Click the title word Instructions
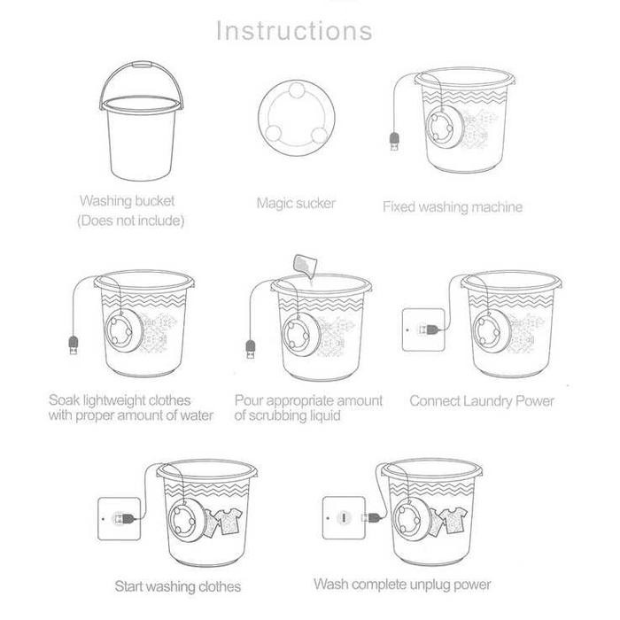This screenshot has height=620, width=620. [x=294, y=31]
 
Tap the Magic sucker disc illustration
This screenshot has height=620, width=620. [x=297, y=118]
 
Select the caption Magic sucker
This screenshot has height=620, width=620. [x=296, y=203]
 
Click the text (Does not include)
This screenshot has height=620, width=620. [x=131, y=221]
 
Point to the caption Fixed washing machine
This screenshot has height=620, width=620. [x=453, y=206]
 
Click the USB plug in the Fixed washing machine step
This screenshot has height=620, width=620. [x=394, y=141]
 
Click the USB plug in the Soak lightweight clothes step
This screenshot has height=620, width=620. [x=74, y=345]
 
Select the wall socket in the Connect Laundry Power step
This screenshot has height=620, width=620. [x=423, y=329]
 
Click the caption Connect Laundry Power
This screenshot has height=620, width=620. [x=482, y=401]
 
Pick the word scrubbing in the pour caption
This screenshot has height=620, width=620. [x=278, y=415]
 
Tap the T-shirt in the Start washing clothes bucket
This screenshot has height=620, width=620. [x=229, y=521]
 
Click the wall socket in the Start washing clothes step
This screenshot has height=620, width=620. [x=119, y=518]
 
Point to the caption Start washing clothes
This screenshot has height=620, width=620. [x=177, y=586]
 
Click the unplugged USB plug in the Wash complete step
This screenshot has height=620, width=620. [x=372, y=517]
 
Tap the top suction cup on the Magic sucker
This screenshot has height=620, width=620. [x=296, y=90]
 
